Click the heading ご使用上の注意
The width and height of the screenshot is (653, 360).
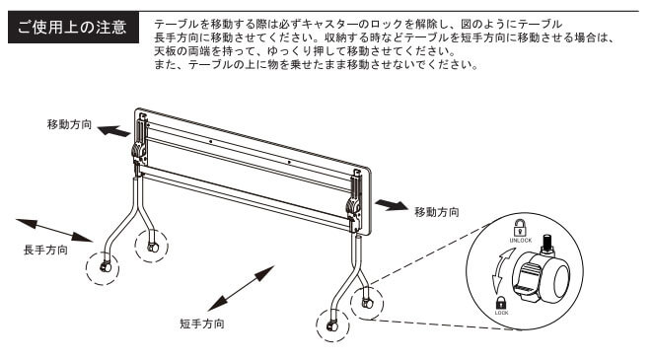coord(72,28)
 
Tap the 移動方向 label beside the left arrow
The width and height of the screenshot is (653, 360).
coord(70,124)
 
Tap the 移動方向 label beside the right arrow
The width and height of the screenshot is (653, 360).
coord(437,212)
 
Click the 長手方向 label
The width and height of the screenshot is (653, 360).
coord(45,251)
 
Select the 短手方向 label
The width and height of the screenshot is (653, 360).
coord(202,324)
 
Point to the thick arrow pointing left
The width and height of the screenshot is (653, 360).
coord(113,131)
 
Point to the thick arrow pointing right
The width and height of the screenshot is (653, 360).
coord(392,205)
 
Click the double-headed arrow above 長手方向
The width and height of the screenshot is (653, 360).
coord(54,230)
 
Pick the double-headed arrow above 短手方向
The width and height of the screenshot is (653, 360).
coord(241,288)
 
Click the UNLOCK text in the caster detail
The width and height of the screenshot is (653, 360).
coord(521,241)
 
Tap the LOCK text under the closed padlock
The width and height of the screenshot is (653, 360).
coord(501,313)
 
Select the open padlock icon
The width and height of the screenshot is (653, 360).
coord(519,228)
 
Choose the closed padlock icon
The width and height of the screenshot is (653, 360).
coord(501,303)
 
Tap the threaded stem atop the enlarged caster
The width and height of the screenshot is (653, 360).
coord(547,245)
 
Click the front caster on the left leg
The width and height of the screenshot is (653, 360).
coord(105,267)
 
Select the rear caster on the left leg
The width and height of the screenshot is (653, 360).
coord(153,248)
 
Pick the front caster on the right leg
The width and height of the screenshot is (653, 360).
coord(332,325)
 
